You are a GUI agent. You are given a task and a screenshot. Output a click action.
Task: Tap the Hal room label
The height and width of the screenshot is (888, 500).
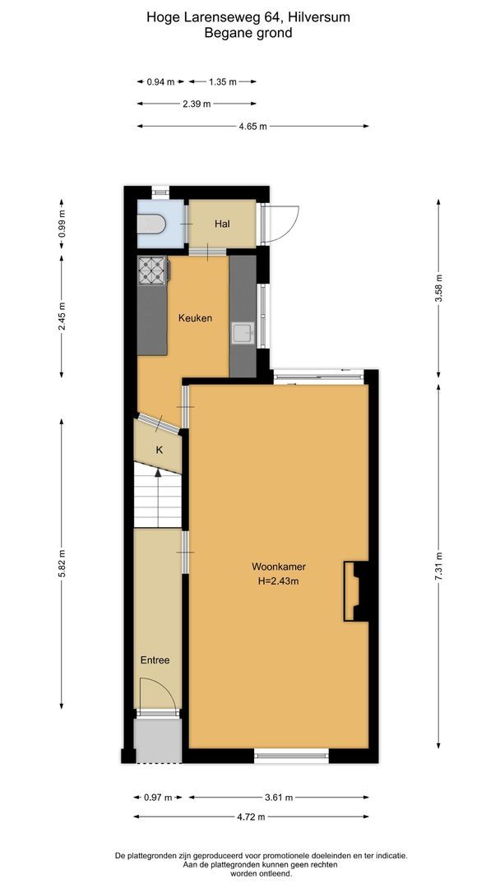(x=222, y=224)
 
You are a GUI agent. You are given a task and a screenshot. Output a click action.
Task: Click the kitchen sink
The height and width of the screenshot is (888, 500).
(x=242, y=333)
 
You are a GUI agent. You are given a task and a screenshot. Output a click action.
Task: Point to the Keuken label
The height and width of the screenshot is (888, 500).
(x=196, y=318)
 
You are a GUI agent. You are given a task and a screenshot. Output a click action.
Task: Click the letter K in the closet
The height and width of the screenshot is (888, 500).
(x=160, y=450)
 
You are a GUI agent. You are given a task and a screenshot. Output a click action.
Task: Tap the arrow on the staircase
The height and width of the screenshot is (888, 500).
(x=156, y=474)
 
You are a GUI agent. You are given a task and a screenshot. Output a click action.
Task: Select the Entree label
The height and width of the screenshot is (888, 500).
(x=155, y=659)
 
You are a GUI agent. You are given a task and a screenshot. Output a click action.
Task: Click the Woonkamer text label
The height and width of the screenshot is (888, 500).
(x=275, y=566)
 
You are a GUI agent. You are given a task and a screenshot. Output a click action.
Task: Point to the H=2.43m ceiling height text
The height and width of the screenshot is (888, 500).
(x=275, y=582)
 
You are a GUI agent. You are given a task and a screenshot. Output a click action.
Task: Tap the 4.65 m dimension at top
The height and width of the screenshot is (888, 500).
(x=252, y=126)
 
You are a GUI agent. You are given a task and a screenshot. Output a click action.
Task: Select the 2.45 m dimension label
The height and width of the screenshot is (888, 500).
(x=62, y=316)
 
